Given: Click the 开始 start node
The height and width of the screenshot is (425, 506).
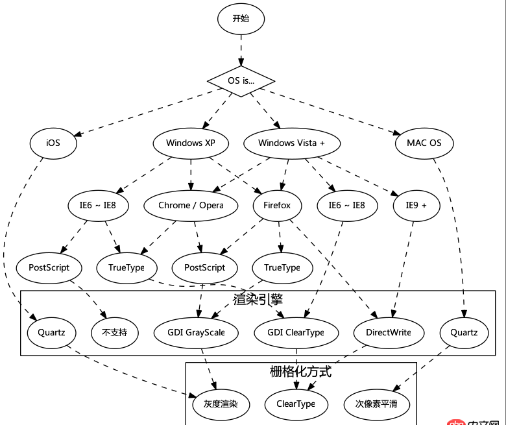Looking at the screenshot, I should (241, 18).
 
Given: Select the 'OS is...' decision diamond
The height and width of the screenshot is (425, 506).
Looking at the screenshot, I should (241, 80).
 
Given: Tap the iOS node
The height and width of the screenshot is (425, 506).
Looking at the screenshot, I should (53, 143).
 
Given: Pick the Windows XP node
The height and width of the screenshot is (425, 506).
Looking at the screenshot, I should (190, 143).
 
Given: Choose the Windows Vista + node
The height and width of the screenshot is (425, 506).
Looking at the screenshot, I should (291, 143).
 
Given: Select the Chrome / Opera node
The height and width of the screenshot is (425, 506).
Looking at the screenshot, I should (191, 205).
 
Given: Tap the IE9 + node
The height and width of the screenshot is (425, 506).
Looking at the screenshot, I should (416, 205).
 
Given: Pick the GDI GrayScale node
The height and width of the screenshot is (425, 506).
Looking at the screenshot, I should (196, 333).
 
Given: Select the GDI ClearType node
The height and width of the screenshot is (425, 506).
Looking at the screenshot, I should (295, 333).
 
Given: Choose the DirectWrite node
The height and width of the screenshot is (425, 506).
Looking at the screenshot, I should (388, 333).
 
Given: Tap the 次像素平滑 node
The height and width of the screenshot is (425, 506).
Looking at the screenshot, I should (376, 404).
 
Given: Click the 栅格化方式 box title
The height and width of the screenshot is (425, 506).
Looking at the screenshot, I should (300, 372).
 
